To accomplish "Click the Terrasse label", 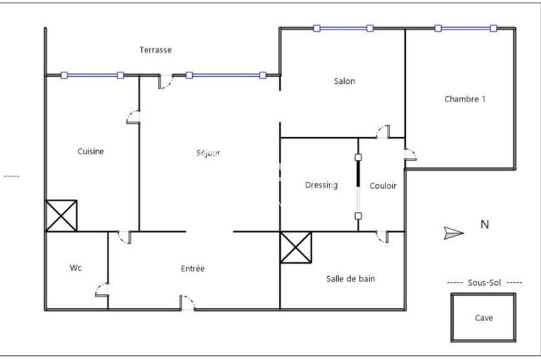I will (156, 50).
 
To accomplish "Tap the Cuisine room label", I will (91, 152).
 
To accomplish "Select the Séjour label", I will (208, 152).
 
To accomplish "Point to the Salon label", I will (344, 81).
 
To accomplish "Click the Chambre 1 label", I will (465, 99).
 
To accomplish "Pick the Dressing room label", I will (321, 185).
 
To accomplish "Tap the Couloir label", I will (383, 185).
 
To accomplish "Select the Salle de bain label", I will (350, 278).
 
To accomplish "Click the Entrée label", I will (193, 269).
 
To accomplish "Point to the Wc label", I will (76, 268).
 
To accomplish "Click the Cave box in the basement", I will (484, 317).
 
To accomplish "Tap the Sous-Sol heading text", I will (485, 282).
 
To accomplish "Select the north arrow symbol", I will (453, 233).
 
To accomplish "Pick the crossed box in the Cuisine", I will (62, 216).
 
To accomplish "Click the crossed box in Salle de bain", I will (296, 247).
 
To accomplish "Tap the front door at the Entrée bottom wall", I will (187, 304).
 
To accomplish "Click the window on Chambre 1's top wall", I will (466, 28).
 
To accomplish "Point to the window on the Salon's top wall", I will (343, 28).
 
